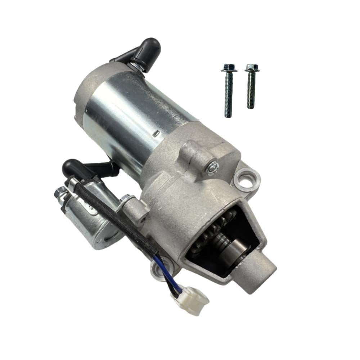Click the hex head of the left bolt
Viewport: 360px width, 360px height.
click(228, 68)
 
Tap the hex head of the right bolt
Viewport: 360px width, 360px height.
click(252, 67)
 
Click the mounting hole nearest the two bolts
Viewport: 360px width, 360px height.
click(247, 179)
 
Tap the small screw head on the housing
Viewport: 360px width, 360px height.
click(213, 167)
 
